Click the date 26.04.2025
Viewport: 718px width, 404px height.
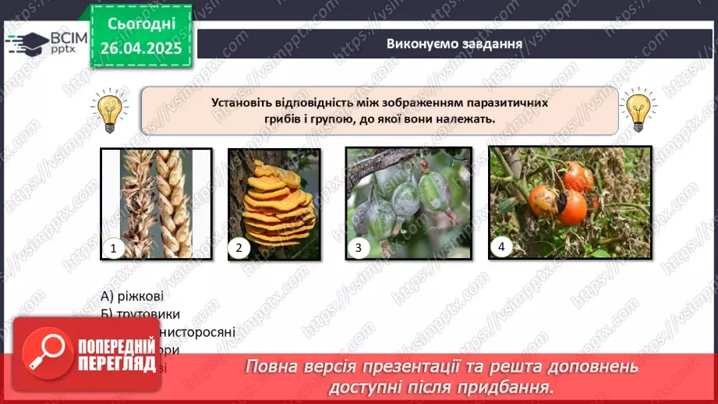[140, 49]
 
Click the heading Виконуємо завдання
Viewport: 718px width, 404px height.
[454, 43]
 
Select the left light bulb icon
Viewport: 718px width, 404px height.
[109, 110]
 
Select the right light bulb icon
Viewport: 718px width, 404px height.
[638, 110]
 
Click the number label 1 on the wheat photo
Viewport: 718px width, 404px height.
[114, 249]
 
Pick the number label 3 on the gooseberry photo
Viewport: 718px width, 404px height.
[358, 249]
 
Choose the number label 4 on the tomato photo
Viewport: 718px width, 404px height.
[501, 247]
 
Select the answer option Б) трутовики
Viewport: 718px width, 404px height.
[140, 314]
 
